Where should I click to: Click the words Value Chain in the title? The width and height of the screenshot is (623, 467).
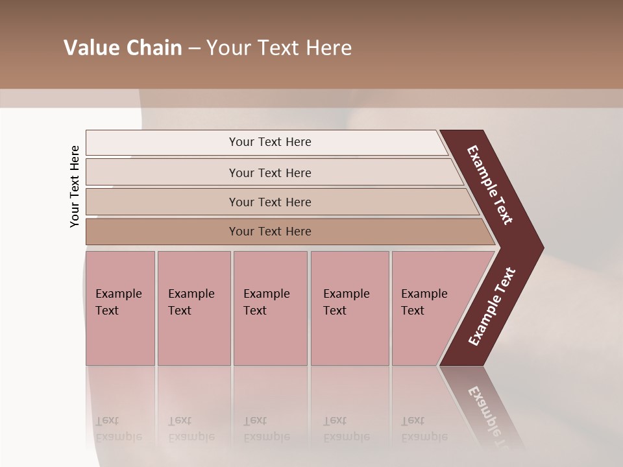123,48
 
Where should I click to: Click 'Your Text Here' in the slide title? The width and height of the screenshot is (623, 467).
279,48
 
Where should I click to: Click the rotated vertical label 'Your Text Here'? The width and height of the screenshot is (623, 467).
75,186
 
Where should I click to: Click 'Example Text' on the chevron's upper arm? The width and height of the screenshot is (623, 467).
490,185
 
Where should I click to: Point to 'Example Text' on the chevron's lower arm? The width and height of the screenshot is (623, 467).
492,306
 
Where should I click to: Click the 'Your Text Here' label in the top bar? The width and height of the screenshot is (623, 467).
270,142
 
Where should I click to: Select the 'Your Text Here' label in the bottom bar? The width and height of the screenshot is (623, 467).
270,232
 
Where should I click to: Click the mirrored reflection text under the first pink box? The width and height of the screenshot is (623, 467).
118,429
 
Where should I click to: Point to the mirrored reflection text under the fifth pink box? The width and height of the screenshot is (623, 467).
424,429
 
